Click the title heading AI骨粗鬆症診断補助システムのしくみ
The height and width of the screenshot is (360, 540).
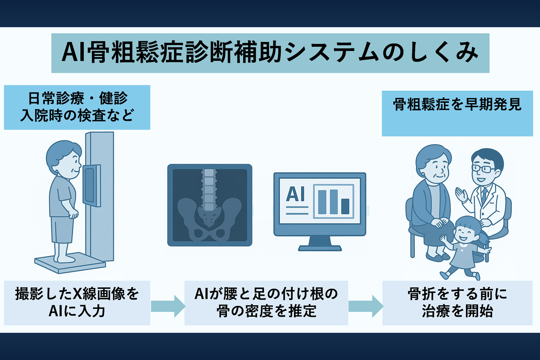270,52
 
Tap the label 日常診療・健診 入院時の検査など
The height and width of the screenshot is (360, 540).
77,107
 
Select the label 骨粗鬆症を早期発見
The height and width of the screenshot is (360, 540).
457,105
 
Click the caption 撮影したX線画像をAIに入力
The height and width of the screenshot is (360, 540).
77,302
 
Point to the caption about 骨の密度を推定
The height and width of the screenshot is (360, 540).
266,302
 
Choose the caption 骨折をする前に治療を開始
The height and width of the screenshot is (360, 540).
457,302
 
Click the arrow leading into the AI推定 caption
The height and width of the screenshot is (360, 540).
168,306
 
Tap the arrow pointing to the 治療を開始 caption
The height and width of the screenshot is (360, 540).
366,306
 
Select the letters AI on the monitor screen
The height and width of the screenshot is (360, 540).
296,194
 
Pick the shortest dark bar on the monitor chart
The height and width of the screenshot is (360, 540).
345,206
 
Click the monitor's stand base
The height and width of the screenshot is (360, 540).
320,248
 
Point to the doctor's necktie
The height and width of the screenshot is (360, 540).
484,195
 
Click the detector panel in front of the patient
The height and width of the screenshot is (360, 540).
92,186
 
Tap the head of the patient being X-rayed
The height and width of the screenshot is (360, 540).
64,159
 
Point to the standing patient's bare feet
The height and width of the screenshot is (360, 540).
64,258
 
